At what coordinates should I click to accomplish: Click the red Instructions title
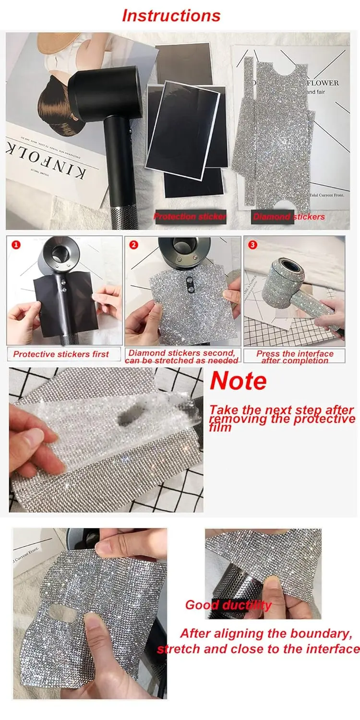tap(171, 15)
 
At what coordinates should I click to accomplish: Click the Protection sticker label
tap(190, 216)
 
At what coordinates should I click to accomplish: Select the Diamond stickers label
tap(289, 216)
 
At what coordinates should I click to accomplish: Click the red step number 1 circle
tap(16, 245)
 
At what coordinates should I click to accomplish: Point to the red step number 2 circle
tap(134, 245)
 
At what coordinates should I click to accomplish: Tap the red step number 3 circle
tap(252, 245)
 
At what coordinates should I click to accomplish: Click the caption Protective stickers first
tap(61, 354)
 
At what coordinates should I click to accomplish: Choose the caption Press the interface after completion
tap(295, 357)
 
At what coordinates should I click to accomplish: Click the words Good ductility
tap(228, 605)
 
